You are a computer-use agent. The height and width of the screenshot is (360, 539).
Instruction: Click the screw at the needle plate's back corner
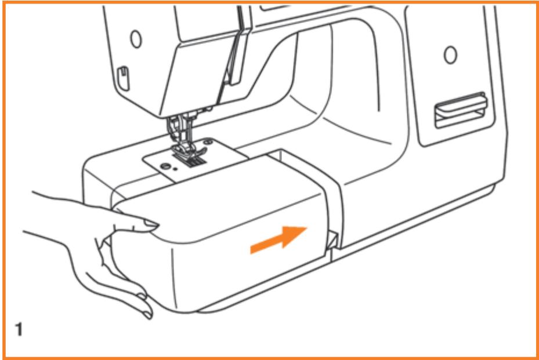tap(207, 140)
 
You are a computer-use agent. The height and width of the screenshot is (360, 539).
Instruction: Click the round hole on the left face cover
tap(135, 40)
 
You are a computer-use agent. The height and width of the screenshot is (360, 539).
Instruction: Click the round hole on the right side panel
tap(449, 56)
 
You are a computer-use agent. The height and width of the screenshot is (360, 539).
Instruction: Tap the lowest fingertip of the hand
tap(144, 314)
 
